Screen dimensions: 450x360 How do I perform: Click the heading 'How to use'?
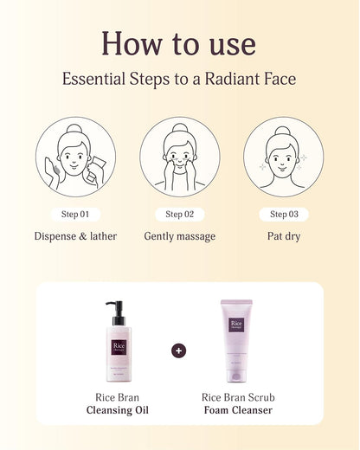(179, 42)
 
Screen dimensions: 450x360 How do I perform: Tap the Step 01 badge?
(75, 214)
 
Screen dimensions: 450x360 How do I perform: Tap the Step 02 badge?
(179, 214)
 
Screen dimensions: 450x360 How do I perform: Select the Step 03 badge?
(283, 214)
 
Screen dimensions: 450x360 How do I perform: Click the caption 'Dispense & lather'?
(75, 236)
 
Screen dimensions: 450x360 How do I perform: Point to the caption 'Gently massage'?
(179, 236)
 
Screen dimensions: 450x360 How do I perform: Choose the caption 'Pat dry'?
(283, 236)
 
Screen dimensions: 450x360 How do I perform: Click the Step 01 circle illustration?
(75, 157)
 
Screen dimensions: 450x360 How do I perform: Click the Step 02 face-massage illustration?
(179, 157)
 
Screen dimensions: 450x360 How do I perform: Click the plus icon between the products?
(179, 350)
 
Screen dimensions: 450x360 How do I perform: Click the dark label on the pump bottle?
(119, 349)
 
